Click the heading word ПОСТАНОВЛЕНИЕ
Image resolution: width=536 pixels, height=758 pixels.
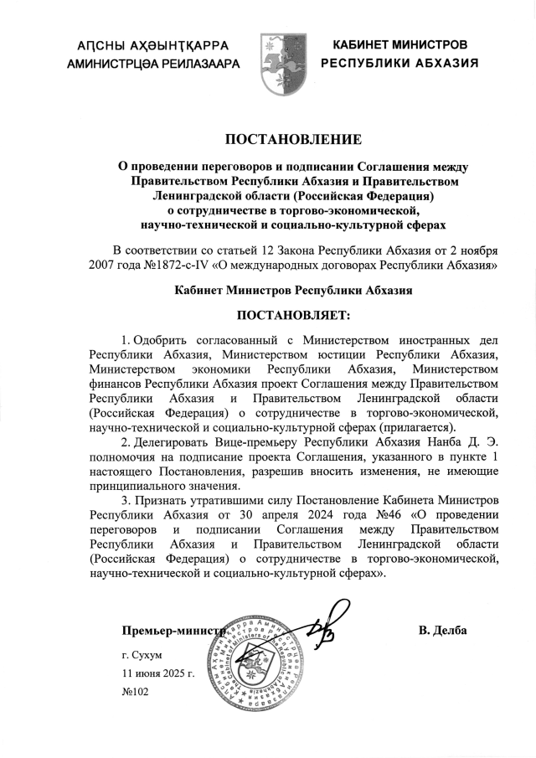(x=292, y=138)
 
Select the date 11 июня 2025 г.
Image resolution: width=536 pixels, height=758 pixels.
(x=157, y=673)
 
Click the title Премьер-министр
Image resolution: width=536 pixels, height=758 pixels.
(x=173, y=630)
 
